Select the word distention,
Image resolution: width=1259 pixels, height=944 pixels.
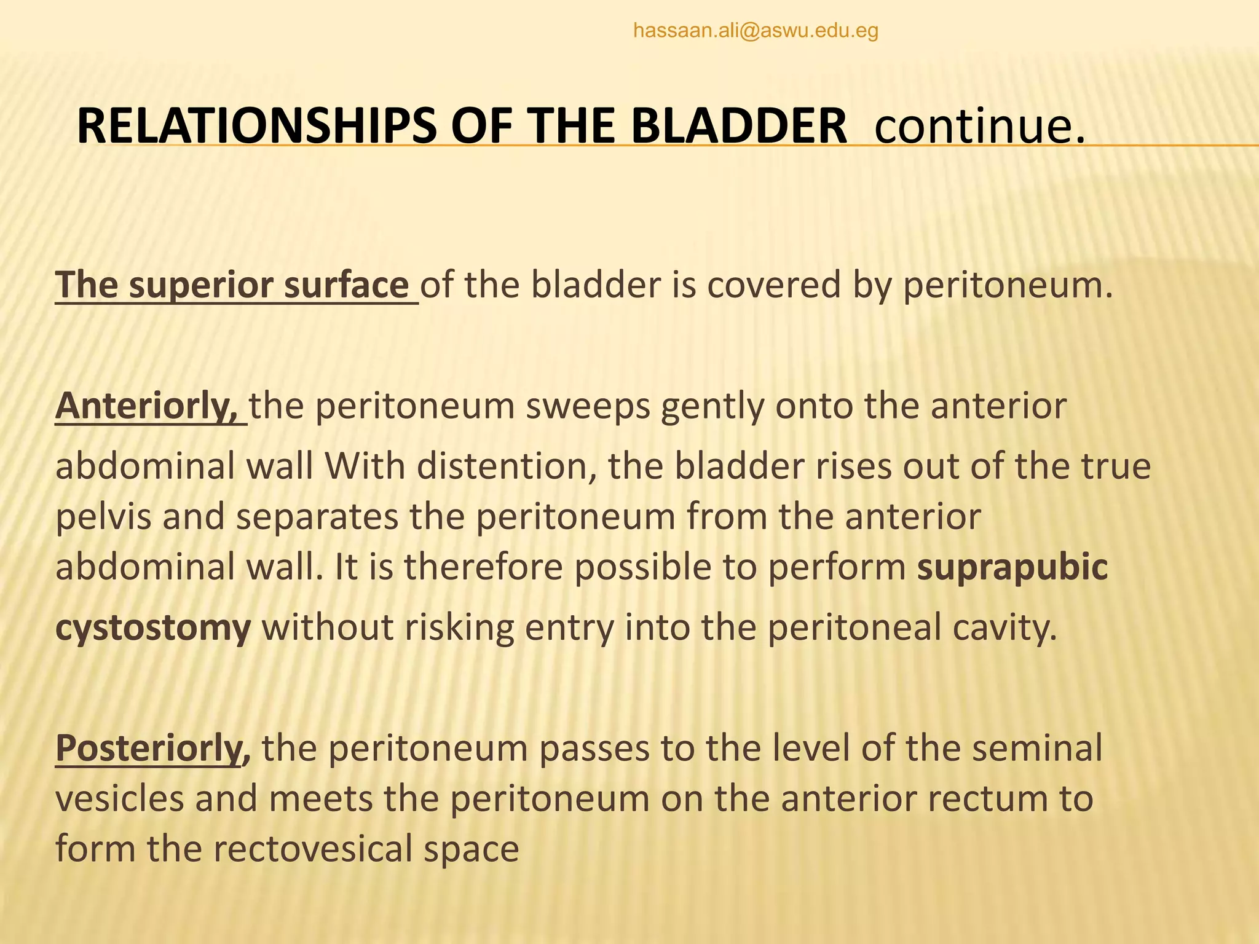point(507,467)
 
